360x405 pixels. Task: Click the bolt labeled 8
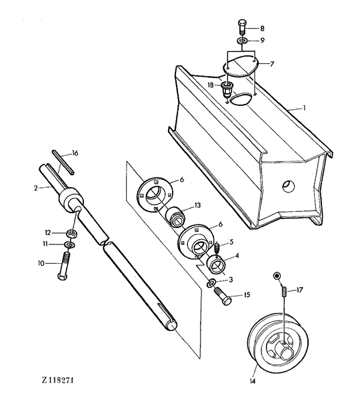(x=242, y=27)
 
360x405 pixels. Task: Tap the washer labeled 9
(x=242, y=41)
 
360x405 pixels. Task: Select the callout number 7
(x=271, y=64)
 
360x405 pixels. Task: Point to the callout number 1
(x=305, y=108)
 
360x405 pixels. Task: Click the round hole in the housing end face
(x=289, y=186)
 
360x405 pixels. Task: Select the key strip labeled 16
(x=63, y=162)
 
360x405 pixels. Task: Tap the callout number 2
(x=35, y=188)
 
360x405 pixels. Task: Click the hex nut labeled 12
(x=72, y=234)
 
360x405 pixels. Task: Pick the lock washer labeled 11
(x=69, y=244)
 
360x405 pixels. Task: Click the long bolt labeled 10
(x=63, y=266)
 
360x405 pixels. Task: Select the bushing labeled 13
(x=175, y=216)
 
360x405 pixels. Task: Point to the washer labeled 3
(x=211, y=283)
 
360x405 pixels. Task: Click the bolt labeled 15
(x=223, y=296)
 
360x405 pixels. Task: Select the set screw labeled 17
(x=284, y=291)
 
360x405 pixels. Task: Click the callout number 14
(x=253, y=381)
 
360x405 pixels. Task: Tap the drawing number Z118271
(x=58, y=380)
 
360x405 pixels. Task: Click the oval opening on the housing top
(x=241, y=99)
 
